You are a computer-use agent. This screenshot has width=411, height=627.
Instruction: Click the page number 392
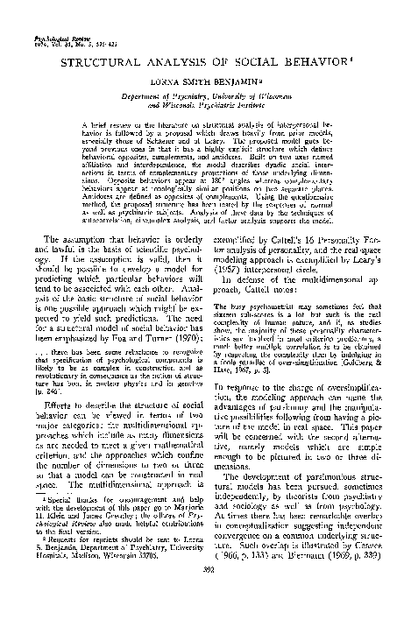205,616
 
